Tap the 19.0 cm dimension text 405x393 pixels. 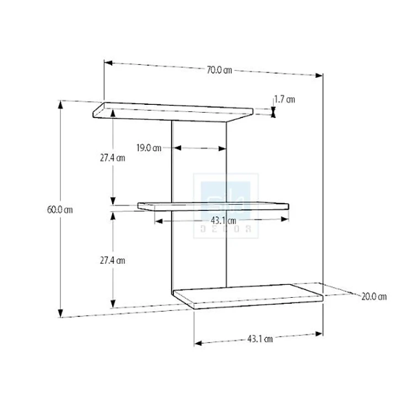point(148,148)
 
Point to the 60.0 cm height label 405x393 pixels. point(60,210)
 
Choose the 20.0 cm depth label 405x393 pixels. point(374,296)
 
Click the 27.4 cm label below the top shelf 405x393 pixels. point(112,158)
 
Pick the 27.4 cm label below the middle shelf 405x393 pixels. point(112,261)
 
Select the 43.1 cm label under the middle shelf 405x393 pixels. point(223,220)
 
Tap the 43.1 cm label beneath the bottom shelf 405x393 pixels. point(260,338)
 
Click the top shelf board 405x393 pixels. point(174,111)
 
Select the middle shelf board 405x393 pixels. point(214,206)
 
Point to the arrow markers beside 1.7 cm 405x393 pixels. point(273,111)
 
